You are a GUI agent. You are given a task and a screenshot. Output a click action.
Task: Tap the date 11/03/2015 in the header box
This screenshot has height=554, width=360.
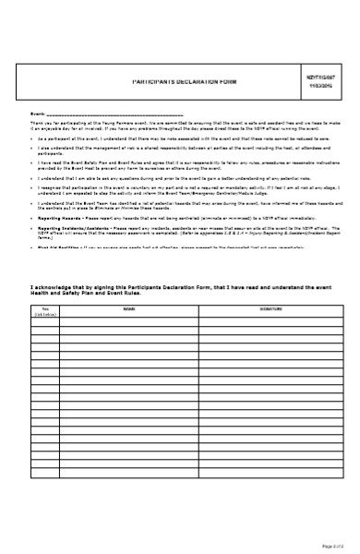[319, 86]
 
